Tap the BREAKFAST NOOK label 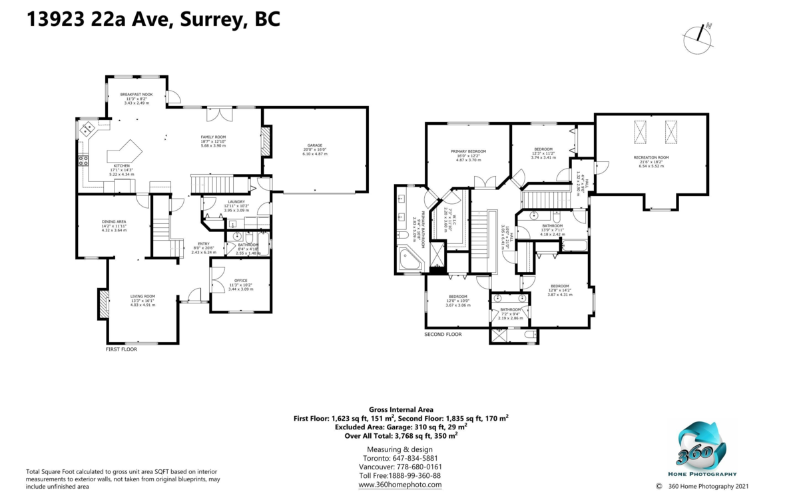136,95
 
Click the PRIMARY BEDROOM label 468,151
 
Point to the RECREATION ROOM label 651,157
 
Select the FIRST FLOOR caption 121,349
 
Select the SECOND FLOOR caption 443,334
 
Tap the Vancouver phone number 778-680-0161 401,467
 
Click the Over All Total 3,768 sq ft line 401,435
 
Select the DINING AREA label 113,222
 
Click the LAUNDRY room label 236,201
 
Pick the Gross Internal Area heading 401,409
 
